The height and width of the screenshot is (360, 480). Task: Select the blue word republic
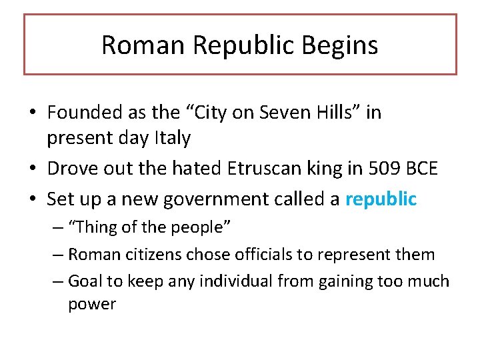coord(381,199)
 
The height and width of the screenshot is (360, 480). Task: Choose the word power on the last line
coord(92,305)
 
